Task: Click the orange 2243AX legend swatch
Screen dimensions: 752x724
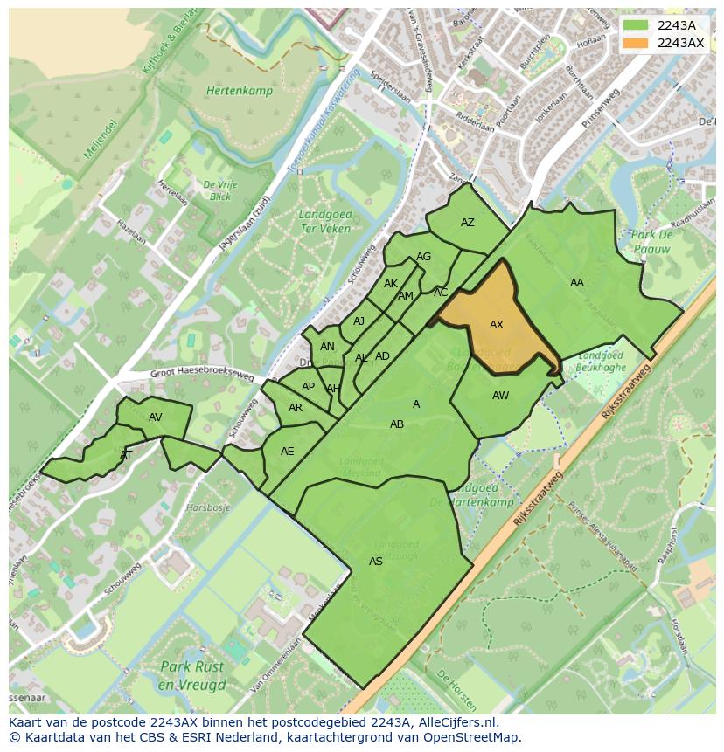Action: pyautogui.click(x=637, y=43)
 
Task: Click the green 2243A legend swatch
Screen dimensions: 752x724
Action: pyautogui.click(x=637, y=25)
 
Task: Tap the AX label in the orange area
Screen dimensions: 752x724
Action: pyautogui.click(x=497, y=325)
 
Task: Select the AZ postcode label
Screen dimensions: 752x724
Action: pyautogui.click(x=468, y=223)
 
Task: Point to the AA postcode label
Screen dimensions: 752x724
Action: pyautogui.click(x=577, y=283)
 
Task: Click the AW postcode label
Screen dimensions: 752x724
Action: pyautogui.click(x=500, y=396)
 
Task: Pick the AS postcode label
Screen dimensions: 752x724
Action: pyautogui.click(x=376, y=562)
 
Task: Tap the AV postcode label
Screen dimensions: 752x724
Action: pyautogui.click(x=156, y=417)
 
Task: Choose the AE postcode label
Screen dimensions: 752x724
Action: pyautogui.click(x=288, y=452)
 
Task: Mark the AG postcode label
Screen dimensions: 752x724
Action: pyautogui.click(x=424, y=257)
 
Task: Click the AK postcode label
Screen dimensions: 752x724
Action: pyautogui.click(x=391, y=284)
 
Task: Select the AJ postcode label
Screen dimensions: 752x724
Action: pyautogui.click(x=359, y=321)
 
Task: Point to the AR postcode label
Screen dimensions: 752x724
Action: pyautogui.click(x=296, y=408)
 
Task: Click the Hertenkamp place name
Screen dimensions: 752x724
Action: pyautogui.click(x=240, y=91)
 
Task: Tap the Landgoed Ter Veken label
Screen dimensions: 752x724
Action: pyautogui.click(x=324, y=221)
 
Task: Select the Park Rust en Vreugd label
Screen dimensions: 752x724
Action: pyautogui.click(x=192, y=675)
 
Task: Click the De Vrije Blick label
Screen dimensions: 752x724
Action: pyautogui.click(x=220, y=190)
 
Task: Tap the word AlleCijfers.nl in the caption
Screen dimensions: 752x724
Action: pyautogui.click(x=456, y=722)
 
